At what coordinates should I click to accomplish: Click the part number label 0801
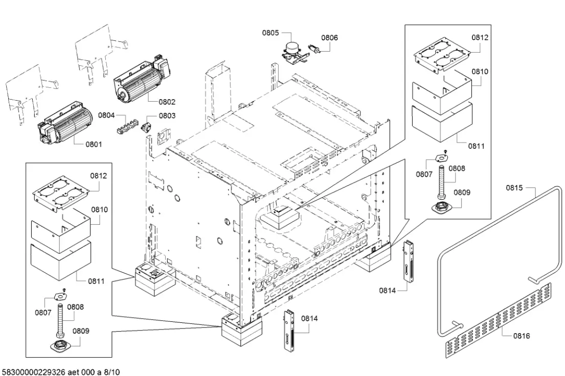(x=93, y=144)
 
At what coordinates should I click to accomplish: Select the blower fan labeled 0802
(x=140, y=82)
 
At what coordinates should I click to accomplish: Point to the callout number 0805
(x=270, y=33)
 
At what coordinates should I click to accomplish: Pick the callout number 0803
(x=167, y=116)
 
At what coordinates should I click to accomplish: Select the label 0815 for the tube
(x=514, y=188)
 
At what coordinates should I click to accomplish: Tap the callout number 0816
(x=522, y=336)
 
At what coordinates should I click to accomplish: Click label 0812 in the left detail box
(x=99, y=176)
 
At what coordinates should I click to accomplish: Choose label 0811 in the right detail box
(x=476, y=146)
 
